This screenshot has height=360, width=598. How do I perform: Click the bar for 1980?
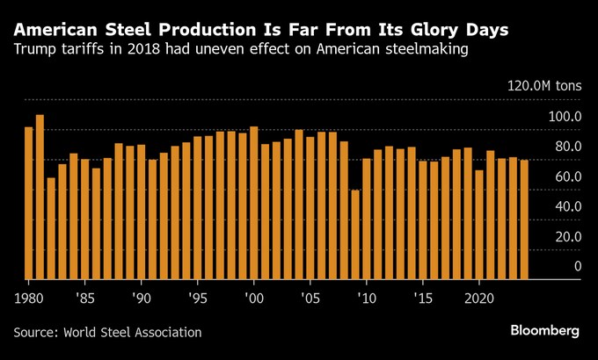[x=28, y=203]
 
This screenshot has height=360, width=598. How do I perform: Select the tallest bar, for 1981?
[x=40, y=197]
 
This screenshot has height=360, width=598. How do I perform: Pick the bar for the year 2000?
[x=254, y=203]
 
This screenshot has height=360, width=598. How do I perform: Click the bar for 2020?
[x=479, y=225]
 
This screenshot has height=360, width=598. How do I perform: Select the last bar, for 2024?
[x=524, y=220]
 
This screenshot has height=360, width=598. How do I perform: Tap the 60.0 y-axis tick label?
[x=566, y=177]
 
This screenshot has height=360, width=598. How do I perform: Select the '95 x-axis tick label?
[x=198, y=298]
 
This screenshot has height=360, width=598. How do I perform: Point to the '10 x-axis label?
[x=367, y=298]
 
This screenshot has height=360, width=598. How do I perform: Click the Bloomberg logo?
[x=545, y=331]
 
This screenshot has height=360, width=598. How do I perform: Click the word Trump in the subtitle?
[x=34, y=51]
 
